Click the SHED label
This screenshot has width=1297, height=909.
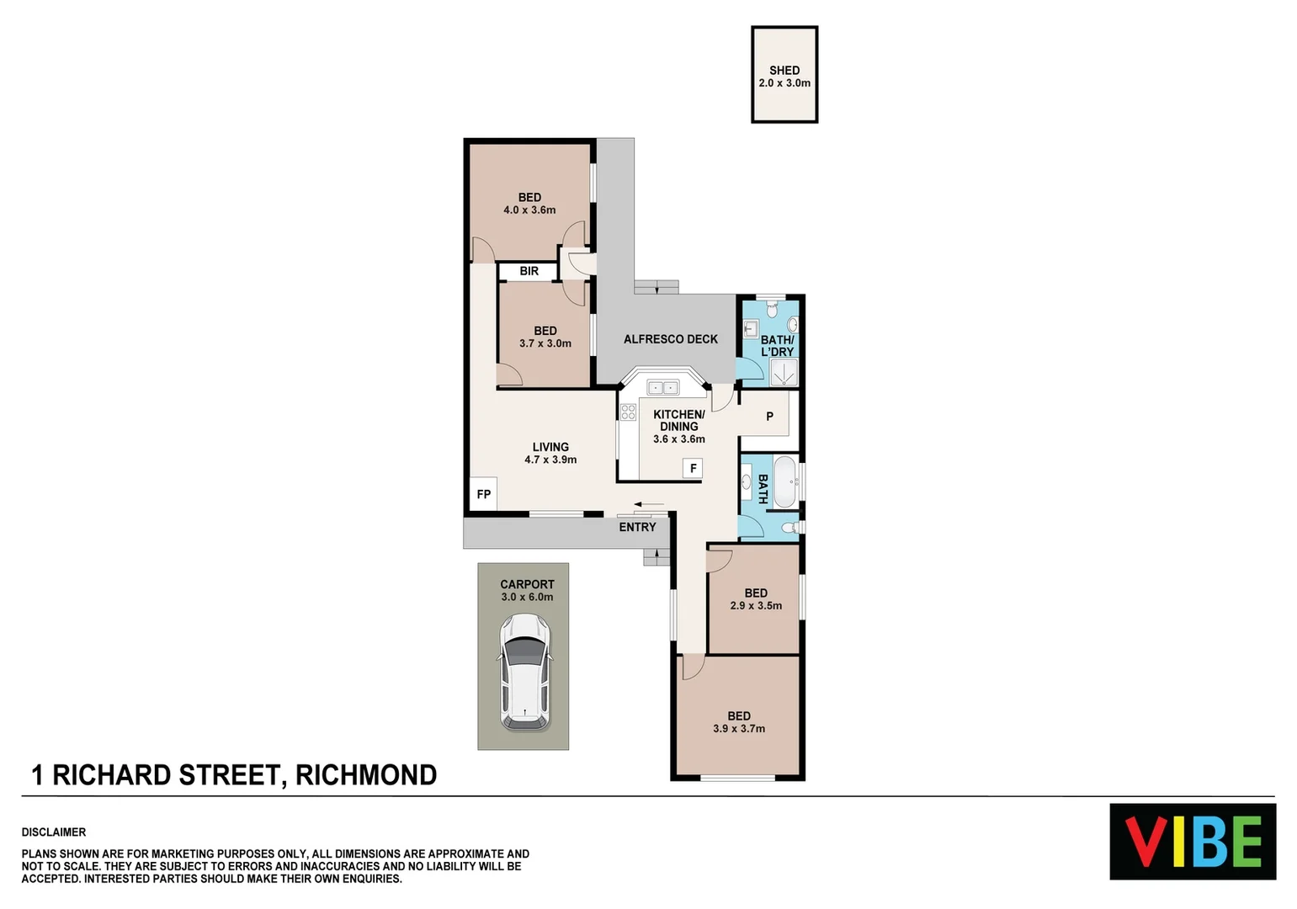pos(784,71)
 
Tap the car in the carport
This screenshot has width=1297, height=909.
pos(524,672)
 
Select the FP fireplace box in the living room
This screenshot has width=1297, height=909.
pos(483,494)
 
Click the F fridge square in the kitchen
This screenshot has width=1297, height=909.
pos(693,469)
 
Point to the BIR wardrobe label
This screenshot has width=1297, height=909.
pos(529,271)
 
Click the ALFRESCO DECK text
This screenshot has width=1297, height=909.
pos(670,339)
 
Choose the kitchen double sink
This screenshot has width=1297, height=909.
pos(662,387)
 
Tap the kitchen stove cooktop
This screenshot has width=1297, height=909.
pos(628,412)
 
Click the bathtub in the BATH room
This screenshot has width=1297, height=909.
pos(784,482)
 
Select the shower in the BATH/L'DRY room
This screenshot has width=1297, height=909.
pos(783,373)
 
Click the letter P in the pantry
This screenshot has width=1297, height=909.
pos(769,417)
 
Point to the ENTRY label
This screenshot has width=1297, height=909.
pos(637,527)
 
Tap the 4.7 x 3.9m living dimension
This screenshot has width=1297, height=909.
pos(550,460)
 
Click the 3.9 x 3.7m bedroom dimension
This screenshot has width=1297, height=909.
pos(739,729)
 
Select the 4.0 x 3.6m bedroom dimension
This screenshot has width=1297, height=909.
pos(529,210)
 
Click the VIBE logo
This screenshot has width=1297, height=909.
pos(1192,842)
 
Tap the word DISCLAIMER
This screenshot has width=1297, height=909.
pos(54,832)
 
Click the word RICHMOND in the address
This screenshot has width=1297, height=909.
pos(365,775)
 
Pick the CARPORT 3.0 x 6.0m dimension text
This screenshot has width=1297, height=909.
pos(527,597)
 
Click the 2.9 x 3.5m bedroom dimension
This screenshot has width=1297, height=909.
pos(756,605)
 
